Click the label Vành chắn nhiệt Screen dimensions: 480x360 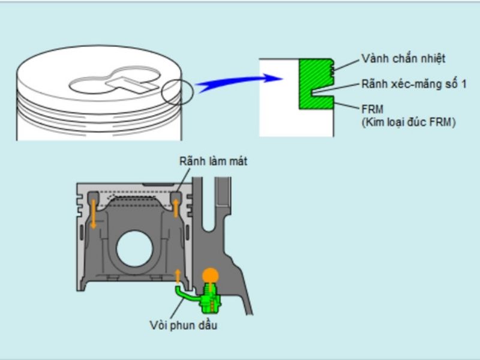coord(403,58)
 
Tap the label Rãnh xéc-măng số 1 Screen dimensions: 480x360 coord(414,84)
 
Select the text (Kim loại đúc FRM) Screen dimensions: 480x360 coord(409,122)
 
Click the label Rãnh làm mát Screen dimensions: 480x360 coord(214,161)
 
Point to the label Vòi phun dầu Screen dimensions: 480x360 coord(184,325)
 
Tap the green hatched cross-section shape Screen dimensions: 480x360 coord(316,84)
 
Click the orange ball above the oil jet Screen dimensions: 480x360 coord(211,276)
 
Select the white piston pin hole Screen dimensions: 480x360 coord(134,248)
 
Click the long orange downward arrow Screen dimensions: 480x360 coord(94,214)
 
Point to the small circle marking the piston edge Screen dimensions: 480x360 coord(178,92)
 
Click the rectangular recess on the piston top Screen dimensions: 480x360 coord(132,84)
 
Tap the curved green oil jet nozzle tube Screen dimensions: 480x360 coord(187,294)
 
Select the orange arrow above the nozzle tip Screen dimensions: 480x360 coord(178,276)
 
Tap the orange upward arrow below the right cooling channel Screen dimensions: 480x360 coord(176,208)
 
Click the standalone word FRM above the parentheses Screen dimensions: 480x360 coord(372,109)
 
